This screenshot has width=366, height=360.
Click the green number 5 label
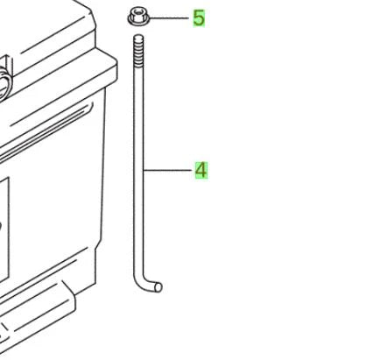pos(199,18)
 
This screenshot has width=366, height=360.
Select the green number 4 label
pos(201,170)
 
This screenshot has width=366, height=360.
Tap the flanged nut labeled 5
pos(138,18)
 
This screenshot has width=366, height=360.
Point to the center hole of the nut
pos(138,12)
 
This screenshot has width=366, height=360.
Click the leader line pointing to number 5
pos(169,18)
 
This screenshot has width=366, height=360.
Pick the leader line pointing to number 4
pos(168,170)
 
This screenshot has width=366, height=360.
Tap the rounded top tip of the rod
pos(138,36)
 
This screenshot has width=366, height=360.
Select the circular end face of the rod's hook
pos(158,287)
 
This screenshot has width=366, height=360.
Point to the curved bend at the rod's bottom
pos(141,282)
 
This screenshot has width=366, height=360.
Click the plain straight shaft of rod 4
pos(138,169)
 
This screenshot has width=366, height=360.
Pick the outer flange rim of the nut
pos(138,22)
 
